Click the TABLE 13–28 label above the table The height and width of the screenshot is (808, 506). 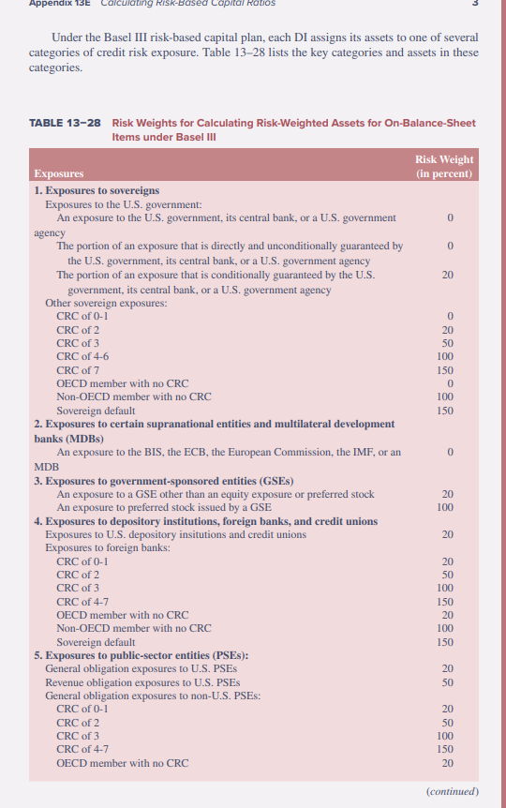(66, 123)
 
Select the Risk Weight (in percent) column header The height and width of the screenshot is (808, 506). (443, 166)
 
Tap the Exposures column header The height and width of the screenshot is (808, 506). (58, 173)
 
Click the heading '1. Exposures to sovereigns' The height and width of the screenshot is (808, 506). (97, 190)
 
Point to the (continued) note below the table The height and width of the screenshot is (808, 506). (452, 791)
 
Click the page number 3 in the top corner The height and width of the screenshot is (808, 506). (475, 4)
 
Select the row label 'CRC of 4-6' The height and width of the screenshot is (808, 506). (82, 356)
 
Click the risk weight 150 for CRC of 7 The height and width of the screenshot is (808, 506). (445, 370)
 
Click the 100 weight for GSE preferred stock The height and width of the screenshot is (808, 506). (445, 507)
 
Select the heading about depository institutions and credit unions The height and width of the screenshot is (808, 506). (205, 520)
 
